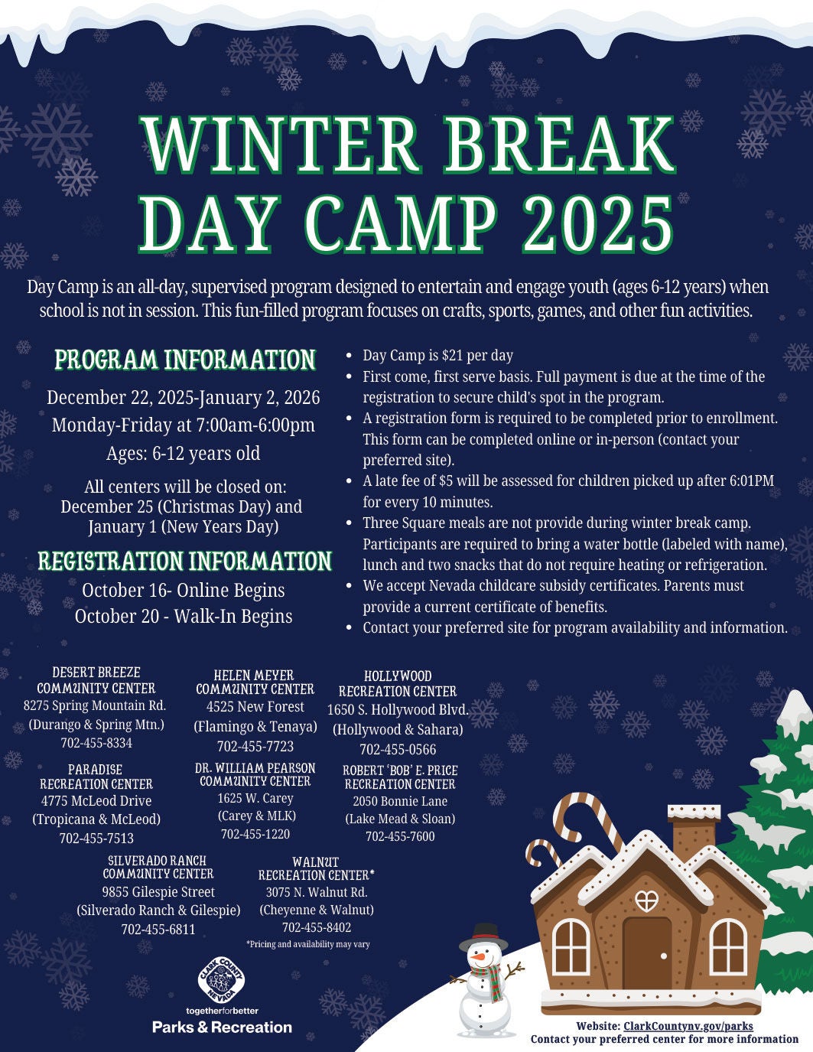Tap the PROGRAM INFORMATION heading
[x=185, y=360]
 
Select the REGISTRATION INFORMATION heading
[x=185, y=561]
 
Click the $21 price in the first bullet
[x=450, y=356]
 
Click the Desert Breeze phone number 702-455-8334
[x=96, y=743]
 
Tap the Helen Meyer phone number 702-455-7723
[x=255, y=746]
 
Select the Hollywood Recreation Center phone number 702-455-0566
[x=398, y=750]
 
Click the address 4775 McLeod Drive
[x=96, y=801]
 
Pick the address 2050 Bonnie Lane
[x=400, y=801]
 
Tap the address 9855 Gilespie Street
[x=158, y=892]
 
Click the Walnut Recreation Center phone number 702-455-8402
[x=317, y=927]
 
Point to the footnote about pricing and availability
[x=307, y=944]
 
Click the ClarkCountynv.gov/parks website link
[x=688, y=1026]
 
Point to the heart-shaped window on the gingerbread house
[x=646, y=901]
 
